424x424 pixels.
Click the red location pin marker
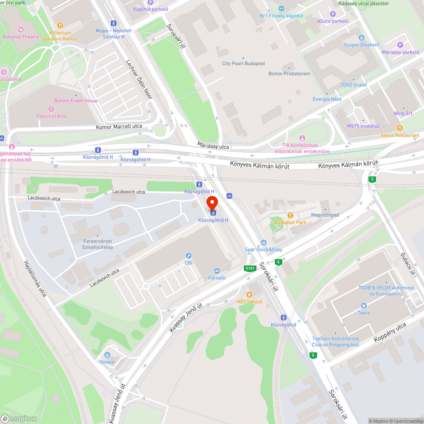point(212,203)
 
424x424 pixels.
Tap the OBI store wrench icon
point(189,255)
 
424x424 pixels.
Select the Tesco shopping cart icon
point(363,306)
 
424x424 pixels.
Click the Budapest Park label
point(290,222)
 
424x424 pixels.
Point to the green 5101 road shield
point(250,268)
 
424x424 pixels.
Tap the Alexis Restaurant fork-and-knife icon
point(399,128)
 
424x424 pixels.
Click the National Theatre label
point(21,37)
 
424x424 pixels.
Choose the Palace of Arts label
point(51,116)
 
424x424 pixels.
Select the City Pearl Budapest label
point(243,64)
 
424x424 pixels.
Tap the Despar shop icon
point(107,354)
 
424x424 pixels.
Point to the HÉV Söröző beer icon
point(249,294)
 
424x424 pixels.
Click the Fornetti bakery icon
point(217,271)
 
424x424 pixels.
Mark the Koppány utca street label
point(390,333)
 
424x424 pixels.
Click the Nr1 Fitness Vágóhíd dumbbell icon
point(282,8)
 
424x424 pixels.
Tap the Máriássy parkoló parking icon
point(400,45)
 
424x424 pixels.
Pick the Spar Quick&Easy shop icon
point(263,242)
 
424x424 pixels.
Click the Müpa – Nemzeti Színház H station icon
point(114,23)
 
